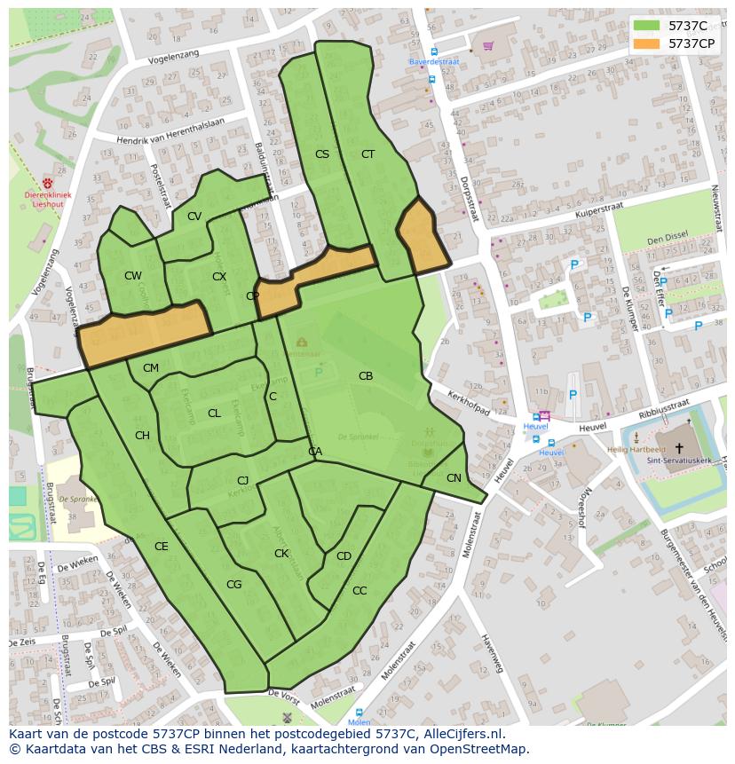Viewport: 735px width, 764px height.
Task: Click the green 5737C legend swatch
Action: pyautogui.click(x=646, y=26)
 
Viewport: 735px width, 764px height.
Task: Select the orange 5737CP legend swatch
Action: pyautogui.click(x=646, y=43)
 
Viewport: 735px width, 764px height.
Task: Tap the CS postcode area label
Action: pyautogui.click(x=322, y=154)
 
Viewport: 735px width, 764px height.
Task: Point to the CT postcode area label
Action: pyautogui.click(x=367, y=154)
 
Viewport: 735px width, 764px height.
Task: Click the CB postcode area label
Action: pyautogui.click(x=366, y=376)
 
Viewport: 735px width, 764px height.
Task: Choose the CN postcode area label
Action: pyautogui.click(x=454, y=478)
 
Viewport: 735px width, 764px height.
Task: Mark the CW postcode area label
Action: pyautogui.click(x=133, y=276)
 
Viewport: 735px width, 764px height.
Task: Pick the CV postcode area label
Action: pyautogui.click(x=194, y=217)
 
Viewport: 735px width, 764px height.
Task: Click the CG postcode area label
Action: pyautogui.click(x=234, y=585)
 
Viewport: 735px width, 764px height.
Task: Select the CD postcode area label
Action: pyautogui.click(x=344, y=556)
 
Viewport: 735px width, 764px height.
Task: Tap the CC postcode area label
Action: pyautogui.click(x=360, y=591)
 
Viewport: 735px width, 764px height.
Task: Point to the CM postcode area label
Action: pyautogui.click(x=151, y=368)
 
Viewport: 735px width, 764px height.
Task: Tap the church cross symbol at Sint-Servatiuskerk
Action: pyautogui.click(x=680, y=448)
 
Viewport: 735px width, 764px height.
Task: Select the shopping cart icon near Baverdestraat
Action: pyautogui.click(x=487, y=46)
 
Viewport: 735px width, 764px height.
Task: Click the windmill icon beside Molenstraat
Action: pyautogui.click(x=287, y=716)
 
